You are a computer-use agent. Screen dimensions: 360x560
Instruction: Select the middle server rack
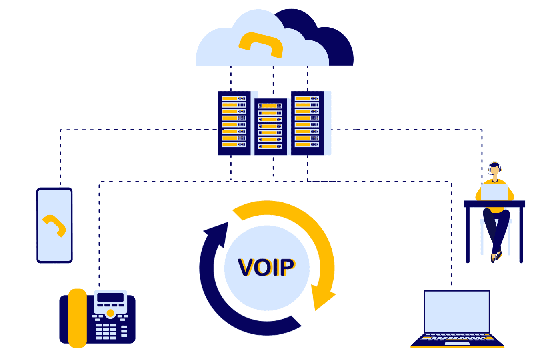click(x=270, y=126)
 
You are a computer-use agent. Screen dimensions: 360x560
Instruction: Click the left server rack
click(x=234, y=123)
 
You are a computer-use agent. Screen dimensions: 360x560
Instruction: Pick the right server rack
click(x=307, y=123)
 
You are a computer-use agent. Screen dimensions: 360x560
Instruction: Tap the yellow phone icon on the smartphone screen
click(x=55, y=226)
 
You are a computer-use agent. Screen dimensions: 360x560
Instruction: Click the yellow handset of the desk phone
click(x=78, y=318)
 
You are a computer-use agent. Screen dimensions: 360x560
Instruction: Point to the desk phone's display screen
click(x=110, y=298)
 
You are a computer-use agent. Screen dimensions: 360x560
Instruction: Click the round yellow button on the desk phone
click(x=110, y=313)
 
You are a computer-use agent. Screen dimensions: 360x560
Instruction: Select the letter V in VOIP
click(x=246, y=267)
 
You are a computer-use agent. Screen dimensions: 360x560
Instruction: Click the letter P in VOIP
click(x=287, y=267)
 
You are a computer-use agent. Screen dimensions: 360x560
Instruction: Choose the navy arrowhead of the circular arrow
click(x=217, y=234)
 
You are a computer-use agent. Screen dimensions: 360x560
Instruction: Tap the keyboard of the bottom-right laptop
click(x=457, y=338)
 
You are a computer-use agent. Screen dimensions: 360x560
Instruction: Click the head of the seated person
click(x=495, y=169)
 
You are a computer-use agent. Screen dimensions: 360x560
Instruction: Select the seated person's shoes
click(x=496, y=256)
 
